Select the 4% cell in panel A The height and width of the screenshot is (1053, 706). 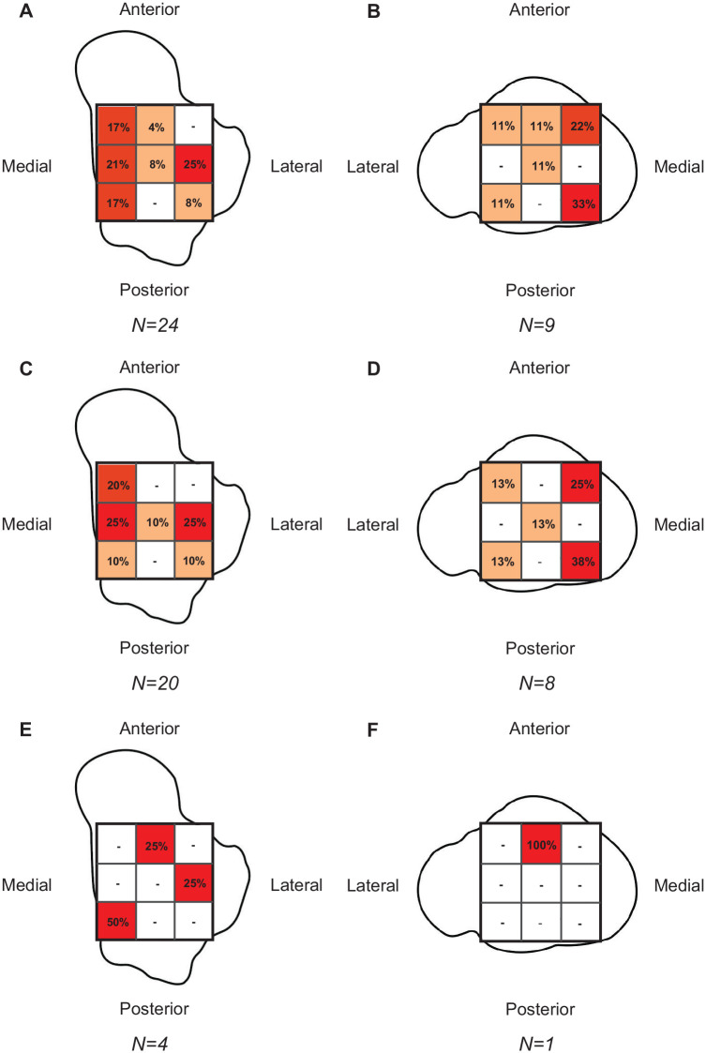[156, 124]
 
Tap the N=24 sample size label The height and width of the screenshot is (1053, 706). [156, 326]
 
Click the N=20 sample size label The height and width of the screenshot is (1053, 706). [156, 684]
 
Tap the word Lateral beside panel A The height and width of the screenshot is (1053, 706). [296, 167]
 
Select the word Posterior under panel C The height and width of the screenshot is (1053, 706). [156, 647]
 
